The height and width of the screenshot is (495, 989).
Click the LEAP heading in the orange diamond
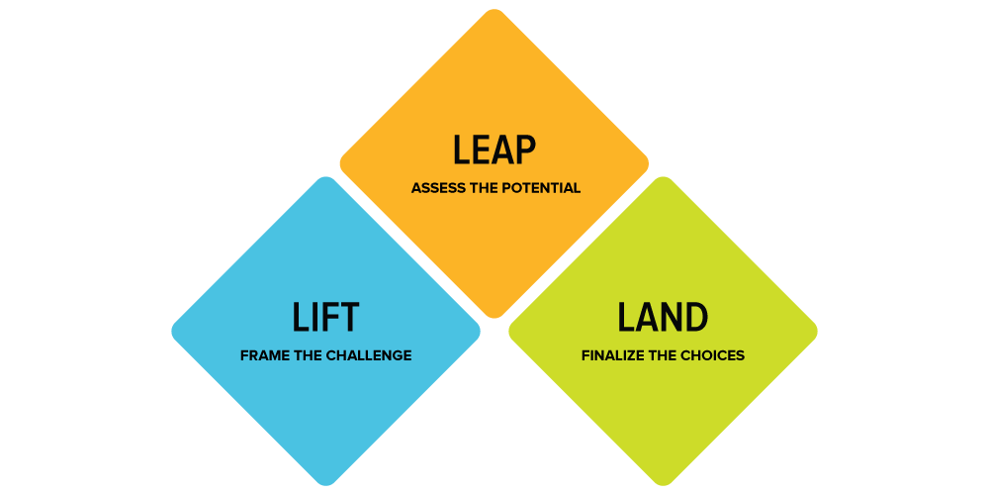tap(494, 150)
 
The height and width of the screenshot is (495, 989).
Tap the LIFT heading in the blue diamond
tap(325, 318)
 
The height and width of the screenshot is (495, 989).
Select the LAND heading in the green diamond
tap(663, 318)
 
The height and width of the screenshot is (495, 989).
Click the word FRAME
tap(261, 355)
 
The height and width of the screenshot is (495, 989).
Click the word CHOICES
tap(713, 355)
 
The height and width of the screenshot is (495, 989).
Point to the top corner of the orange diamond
tap(494, 10)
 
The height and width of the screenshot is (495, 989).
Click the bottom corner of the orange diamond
tap(494, 318)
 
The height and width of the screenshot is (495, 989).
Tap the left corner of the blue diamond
tap(172, 331)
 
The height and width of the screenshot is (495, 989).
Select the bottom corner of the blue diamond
tap(325, 485)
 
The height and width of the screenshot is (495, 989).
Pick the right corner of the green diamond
tap(817, 331)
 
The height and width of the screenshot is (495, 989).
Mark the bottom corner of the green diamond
tap(663, 485)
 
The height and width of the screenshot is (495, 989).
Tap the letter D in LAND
tap(697, 318)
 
